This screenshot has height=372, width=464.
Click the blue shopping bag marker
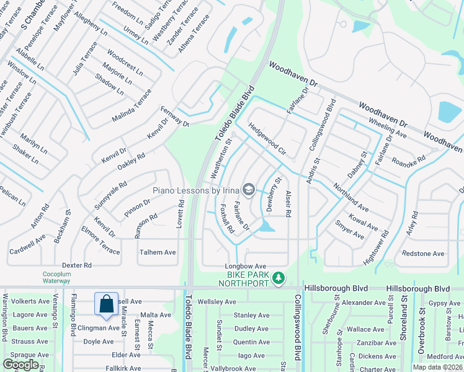click(x=106, y=304)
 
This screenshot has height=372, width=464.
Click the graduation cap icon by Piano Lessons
click(x=249, y=188)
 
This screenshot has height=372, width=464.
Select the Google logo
click(x=20, y=364)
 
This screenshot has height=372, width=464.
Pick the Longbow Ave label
click(x=245, y=266)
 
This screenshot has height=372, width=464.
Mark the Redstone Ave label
click(x=423, y=254)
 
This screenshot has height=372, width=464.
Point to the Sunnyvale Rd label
click(x=112, y=193)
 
